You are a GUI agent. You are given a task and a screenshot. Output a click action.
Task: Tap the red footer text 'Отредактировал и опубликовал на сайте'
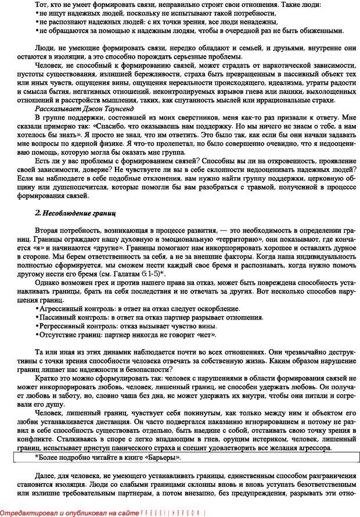(x=70, y=512)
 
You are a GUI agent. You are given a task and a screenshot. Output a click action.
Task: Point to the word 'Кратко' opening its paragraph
(x=46, y=379)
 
